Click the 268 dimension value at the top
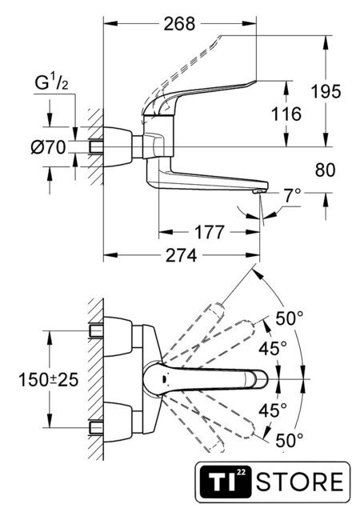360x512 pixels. [179, 24]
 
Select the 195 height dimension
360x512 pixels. [326, 91]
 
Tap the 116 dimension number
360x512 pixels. [286, 114]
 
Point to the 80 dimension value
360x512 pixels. [326, 170]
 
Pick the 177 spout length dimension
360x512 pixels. [210, 232]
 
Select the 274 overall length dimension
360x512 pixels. [182, 255]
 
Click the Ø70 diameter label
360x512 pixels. [48, 147]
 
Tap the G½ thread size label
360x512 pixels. [52, 83]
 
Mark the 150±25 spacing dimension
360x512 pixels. [48, 380]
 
